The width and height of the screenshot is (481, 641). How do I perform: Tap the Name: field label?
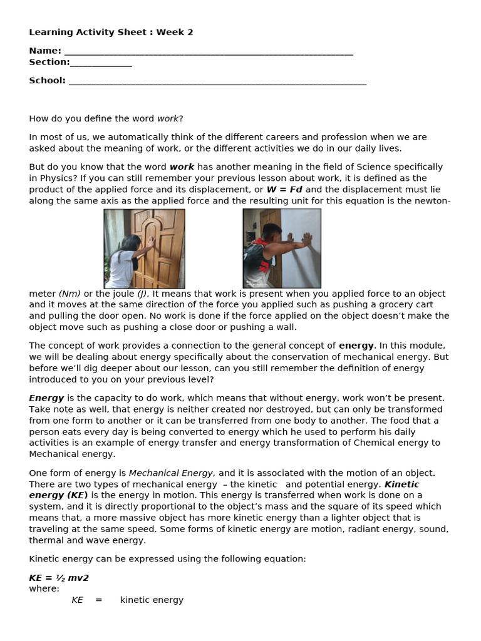(45, 51)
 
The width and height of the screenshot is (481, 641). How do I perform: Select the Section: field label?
(49, 62)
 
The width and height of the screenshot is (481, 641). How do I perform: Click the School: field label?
(47, 80)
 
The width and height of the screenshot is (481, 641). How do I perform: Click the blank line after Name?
(209, 52)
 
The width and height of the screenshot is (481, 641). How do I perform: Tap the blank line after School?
(217, 81)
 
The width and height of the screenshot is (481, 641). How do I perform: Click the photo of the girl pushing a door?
(144, 249)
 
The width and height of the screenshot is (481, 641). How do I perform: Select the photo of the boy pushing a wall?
(282, 249)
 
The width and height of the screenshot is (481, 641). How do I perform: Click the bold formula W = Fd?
(284, 190)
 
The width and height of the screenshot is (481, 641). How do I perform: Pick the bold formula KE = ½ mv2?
(59, 578)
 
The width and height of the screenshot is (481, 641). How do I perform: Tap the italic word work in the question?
(167, 118)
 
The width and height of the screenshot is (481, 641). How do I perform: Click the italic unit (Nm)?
(70, 294)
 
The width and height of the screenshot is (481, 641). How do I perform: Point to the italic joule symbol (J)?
(143, 294)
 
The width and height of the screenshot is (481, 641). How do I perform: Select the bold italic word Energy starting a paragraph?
(46, 397)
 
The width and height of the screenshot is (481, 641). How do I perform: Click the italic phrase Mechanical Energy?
(172, 473)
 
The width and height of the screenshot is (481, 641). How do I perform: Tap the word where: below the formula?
(44, 588)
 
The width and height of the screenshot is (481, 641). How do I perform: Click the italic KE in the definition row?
(77, 600)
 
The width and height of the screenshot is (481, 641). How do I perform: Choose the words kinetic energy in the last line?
(152, 600)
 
